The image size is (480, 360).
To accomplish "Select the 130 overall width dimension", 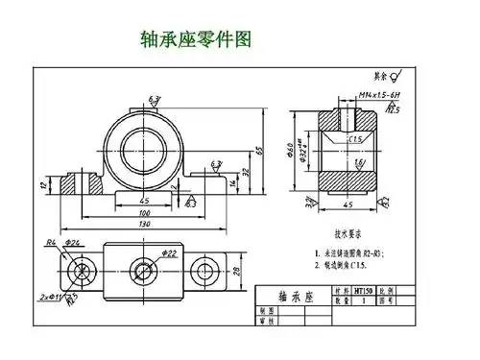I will click(x=144, y=224).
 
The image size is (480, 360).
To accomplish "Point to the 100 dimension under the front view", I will click(x=144, y=212).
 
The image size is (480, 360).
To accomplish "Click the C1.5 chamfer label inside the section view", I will click(x=354, y=138).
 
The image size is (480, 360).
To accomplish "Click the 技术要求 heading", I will click(x=350, y=233).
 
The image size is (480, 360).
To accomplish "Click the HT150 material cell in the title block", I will click(x=364, y=289).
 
